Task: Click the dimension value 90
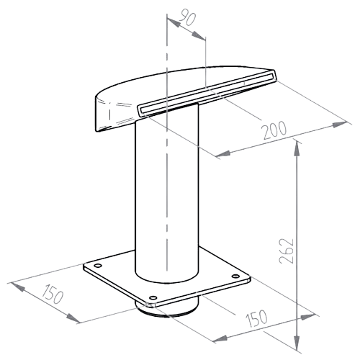(188, 17)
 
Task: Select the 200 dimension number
(274, 130)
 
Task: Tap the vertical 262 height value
(287, 251)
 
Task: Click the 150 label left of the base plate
(53, 294)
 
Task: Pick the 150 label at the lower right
(256, 319)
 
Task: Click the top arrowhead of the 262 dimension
(297, 149)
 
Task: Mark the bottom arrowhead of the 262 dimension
(297, 343)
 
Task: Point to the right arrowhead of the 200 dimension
(339, 125)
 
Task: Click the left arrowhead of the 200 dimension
(224, 153)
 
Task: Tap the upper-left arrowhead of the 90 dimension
(174, 22)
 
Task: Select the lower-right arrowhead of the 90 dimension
(199, 35)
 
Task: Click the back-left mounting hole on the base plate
(97, 266)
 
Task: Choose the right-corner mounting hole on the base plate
(235, 276)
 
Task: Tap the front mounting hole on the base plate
(153, 298)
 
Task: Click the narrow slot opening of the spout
(207, 92)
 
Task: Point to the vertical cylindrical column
(167, 192)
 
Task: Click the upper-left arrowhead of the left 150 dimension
(17, 287)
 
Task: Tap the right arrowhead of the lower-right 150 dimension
(307, 317)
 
